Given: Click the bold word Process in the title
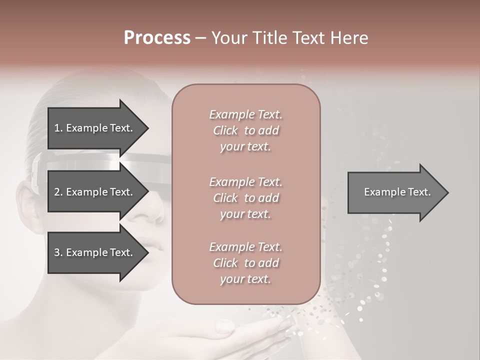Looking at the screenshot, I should pyautogui.click(x=157, y=38).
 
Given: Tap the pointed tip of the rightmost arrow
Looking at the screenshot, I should pyautogui.click(x=447, y=192).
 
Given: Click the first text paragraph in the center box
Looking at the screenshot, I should pyautogui.click(x=245, y=130).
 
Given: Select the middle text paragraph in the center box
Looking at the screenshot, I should pyautogui.click(x=245, y=198).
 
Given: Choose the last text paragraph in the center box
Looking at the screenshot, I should pyautogui.click(x=245, y=263).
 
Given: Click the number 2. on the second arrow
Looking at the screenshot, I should pyautogui.click(x=58, y=192).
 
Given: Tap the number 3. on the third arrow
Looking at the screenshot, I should pyautogui.click(x=58, y=252).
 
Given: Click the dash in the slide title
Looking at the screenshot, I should pyautogui.click(x=200, y=38).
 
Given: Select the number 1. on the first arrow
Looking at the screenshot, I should pyautogui.click(x=58, y=128).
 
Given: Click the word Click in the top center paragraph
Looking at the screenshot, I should pyautogui.click(x=225, y=130).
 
